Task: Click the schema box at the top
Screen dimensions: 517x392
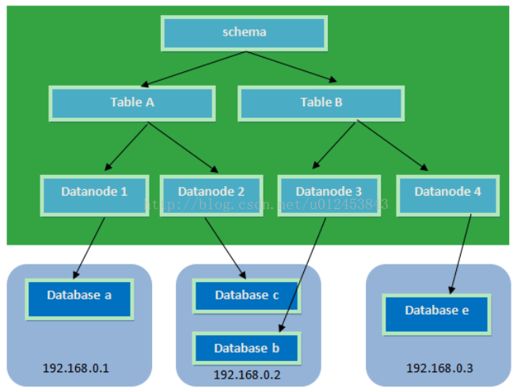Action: point(244,33)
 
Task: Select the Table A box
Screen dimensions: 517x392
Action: point(132,104)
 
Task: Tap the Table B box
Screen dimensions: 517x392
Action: point(321,104)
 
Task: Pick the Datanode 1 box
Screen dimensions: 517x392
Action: point(95,196)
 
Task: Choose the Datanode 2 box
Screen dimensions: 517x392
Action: point(211,196)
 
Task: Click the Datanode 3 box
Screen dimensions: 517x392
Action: point(329,196)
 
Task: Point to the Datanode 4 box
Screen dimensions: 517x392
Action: point(448,196)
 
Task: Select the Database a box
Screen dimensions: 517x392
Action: point(79,299)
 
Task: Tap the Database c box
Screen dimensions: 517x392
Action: point(247,295)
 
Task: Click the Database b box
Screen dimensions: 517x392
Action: point(247,348)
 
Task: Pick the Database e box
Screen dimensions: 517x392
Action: point(436,314)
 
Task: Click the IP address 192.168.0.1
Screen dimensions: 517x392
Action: point(76,368)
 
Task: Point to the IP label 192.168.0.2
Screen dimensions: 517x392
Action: point(247,375)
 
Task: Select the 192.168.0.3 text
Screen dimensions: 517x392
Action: point(439,368)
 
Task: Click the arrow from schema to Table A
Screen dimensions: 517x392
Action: point(193,69)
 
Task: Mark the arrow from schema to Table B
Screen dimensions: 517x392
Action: point(291,67)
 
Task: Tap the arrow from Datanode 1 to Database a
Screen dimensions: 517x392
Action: point(89,248)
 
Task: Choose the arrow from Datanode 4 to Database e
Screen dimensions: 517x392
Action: point(461,254)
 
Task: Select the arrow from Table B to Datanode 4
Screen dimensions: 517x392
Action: point(393,145)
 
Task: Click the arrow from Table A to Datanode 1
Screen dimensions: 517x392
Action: point(126,147)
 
